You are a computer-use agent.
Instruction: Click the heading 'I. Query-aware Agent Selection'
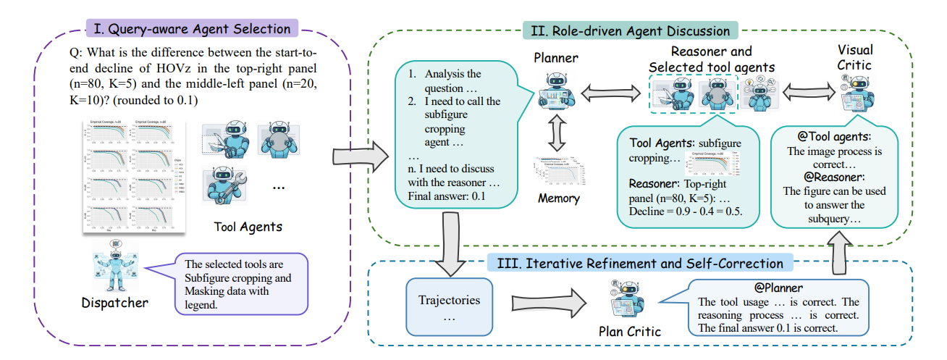tap(192, 30)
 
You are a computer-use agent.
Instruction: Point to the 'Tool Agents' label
tap(248, 227)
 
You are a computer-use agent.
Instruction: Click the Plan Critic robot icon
tap(632, 299)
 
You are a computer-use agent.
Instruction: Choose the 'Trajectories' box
tap(450, 307)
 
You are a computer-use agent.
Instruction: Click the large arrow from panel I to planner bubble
tap(356, 156)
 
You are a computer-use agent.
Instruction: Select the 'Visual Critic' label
tap(855, 57)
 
